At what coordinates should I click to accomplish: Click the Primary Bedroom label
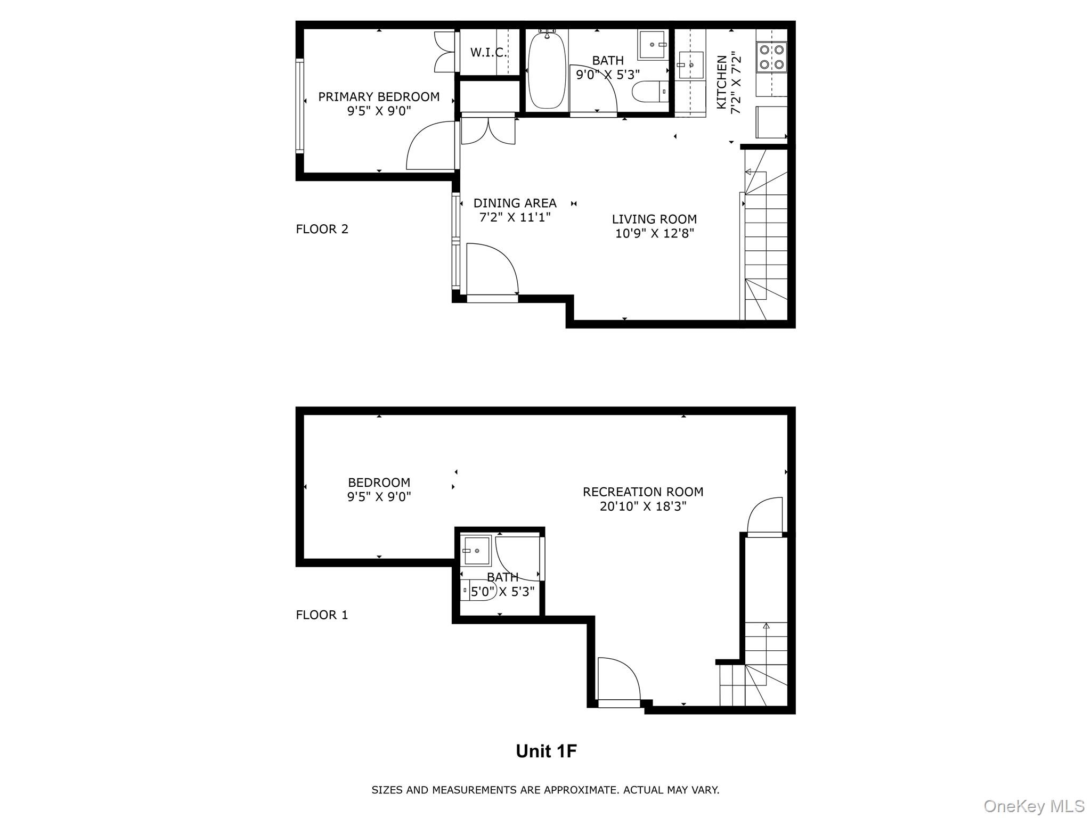point(379,97)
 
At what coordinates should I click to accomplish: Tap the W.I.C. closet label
point(488,53)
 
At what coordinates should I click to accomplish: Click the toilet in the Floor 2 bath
point(650,92)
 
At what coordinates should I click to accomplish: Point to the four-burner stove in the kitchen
point(771,57)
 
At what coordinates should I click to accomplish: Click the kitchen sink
point(691,65)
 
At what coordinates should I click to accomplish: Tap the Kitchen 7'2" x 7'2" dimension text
point(736,83)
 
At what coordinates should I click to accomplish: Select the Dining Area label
point(515,203)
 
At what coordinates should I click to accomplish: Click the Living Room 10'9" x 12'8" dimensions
point(654,233)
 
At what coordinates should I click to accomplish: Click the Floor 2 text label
point(322,229)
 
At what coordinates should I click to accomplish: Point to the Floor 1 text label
point(322,615)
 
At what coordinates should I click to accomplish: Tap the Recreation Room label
point(643,492)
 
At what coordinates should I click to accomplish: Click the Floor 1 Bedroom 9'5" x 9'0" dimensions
point(379,497)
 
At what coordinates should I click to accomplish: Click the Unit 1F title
point(546,751)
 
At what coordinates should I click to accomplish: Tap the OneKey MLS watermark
point(1033,806)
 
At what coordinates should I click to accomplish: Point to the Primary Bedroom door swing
point(429,146)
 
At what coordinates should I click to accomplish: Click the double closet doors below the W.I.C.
point(488,130)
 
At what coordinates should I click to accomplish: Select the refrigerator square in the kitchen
point(771,122)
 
